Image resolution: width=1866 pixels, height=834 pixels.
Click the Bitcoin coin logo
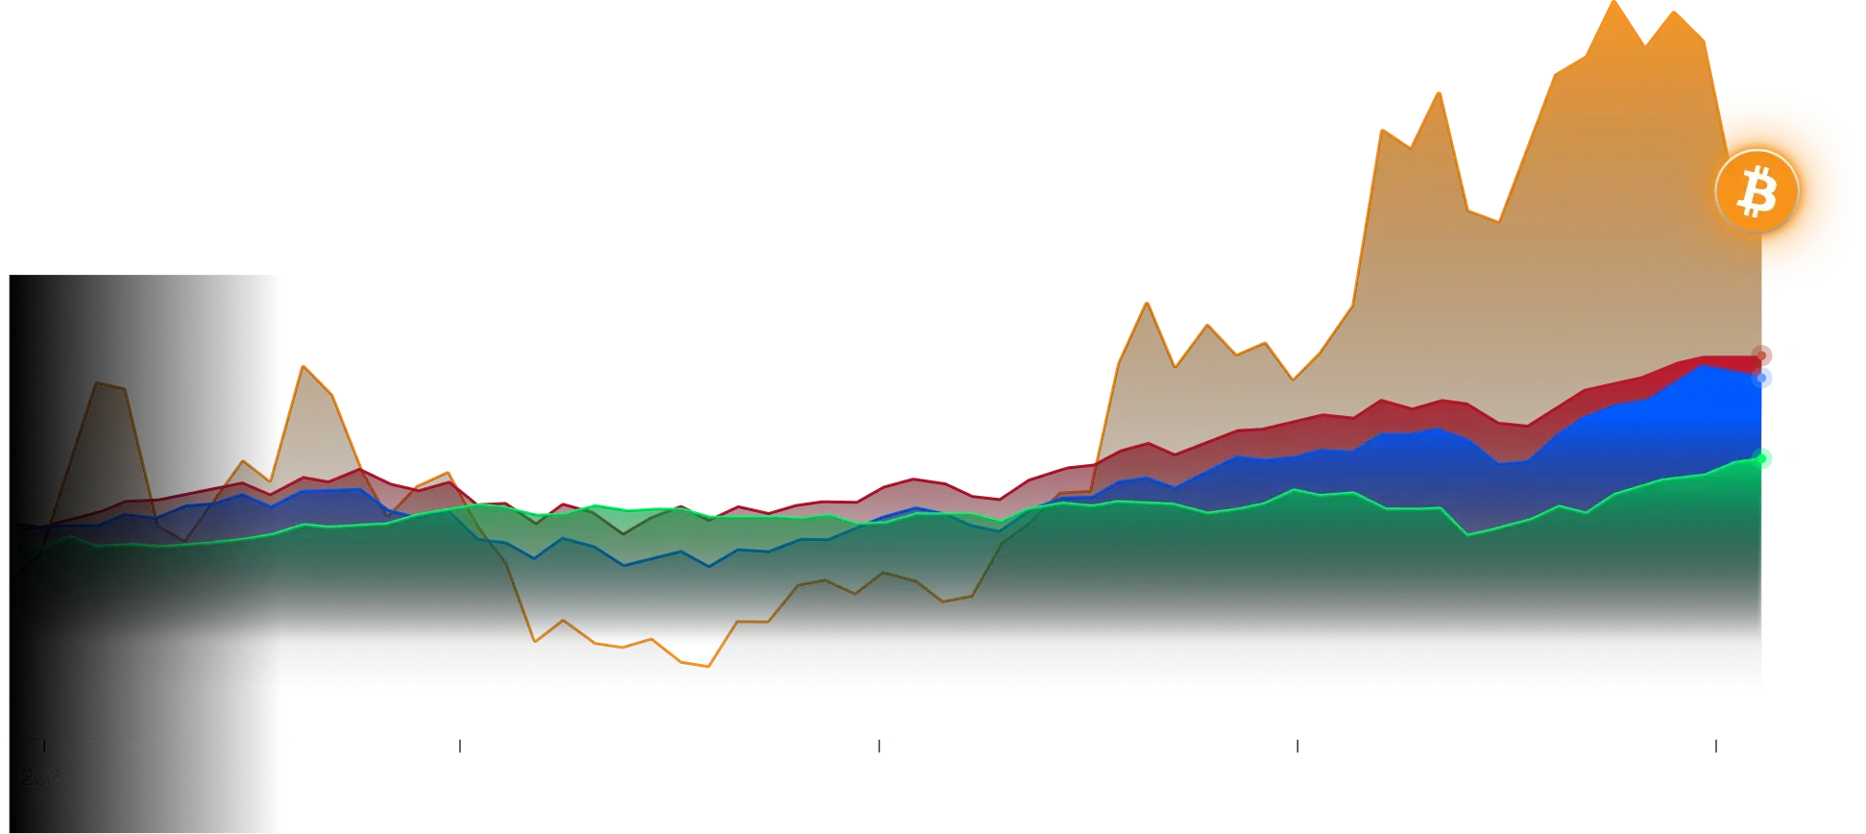pos(1757,192)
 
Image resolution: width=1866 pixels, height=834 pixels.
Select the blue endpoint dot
pos(1764,379)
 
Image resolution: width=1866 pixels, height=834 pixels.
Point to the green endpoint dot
pos(1762,458)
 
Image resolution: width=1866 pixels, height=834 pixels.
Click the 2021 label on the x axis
pos(45,778)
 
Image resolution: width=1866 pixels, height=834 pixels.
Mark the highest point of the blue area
pos(1702,366)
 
